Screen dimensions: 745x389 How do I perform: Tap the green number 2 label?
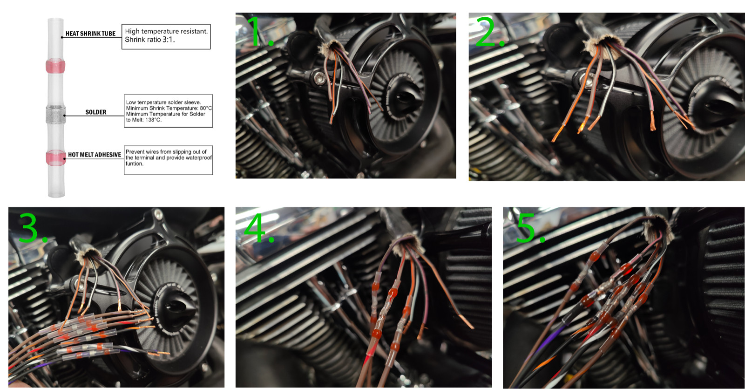[x=489, y=32]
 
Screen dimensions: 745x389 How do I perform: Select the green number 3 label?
[x=33, y=227]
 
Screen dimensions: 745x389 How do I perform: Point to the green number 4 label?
[x=259, y=228]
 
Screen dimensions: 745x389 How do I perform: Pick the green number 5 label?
[x=531, y=228]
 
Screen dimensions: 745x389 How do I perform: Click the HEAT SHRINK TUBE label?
[x=90, y=34]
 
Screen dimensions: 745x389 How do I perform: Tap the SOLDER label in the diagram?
[x=96, y=112]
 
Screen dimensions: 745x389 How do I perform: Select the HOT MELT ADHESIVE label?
[x=95, y=155]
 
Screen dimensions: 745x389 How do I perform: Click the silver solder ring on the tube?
[x=55, y=115]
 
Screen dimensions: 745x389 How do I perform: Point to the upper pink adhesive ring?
[x=55, y=66]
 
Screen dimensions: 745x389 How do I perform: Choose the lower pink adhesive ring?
[x=55, y=157]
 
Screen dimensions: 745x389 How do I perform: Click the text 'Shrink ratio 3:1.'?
[x=149, y=40]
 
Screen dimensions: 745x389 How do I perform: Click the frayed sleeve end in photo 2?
[x=603, y=46]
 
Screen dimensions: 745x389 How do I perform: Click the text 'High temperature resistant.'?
[x=166, y=31]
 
